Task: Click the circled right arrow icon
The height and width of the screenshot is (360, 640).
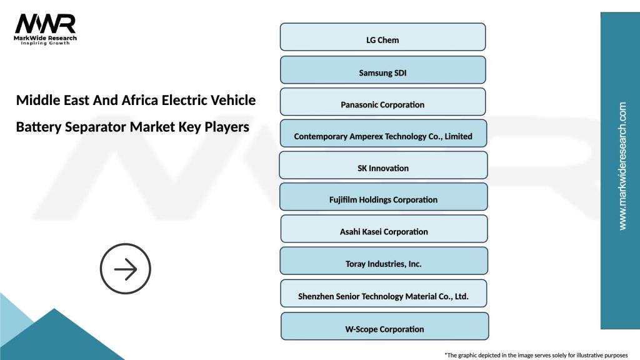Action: (x=126, y=269)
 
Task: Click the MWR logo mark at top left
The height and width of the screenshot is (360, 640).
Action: (x=45, y=24)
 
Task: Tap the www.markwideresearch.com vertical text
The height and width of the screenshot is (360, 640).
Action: (x=622, y=166)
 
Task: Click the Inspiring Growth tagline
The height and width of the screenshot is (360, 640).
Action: (x=45, y=44)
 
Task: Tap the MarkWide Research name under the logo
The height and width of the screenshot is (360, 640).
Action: (x=45, y=38)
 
